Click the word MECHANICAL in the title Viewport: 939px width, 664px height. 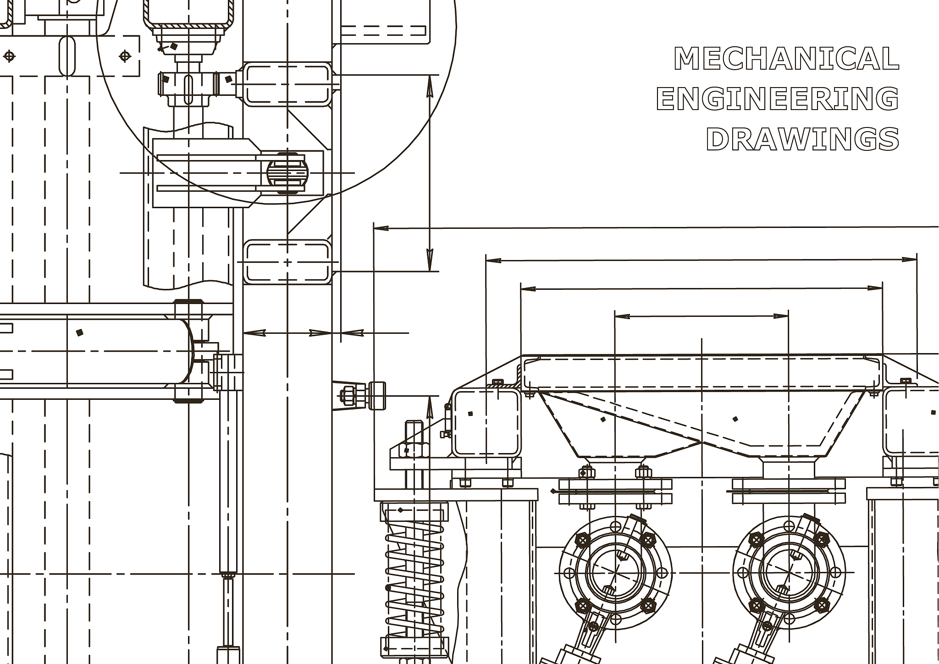pos(786,58)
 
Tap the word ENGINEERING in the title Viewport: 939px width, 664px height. pos(778,98)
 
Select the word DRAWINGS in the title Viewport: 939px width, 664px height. pos(802,138)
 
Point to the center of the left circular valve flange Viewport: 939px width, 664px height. pos(616,573)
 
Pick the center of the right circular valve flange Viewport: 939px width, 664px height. pos(789,573)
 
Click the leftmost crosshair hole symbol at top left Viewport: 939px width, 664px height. pos(9,56)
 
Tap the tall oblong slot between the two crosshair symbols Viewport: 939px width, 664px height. pos(67,56)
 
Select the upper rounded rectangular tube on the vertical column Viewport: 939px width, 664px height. pos(287,84)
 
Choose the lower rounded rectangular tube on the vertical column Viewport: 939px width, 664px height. pos(287,262)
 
